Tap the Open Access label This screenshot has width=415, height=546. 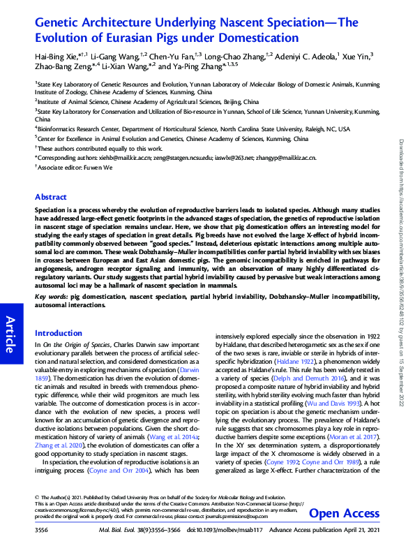click(x=343, y=514)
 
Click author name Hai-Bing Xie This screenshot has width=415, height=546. click(x=58, y=55)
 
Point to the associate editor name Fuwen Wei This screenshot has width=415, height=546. click(x=96, y=168)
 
